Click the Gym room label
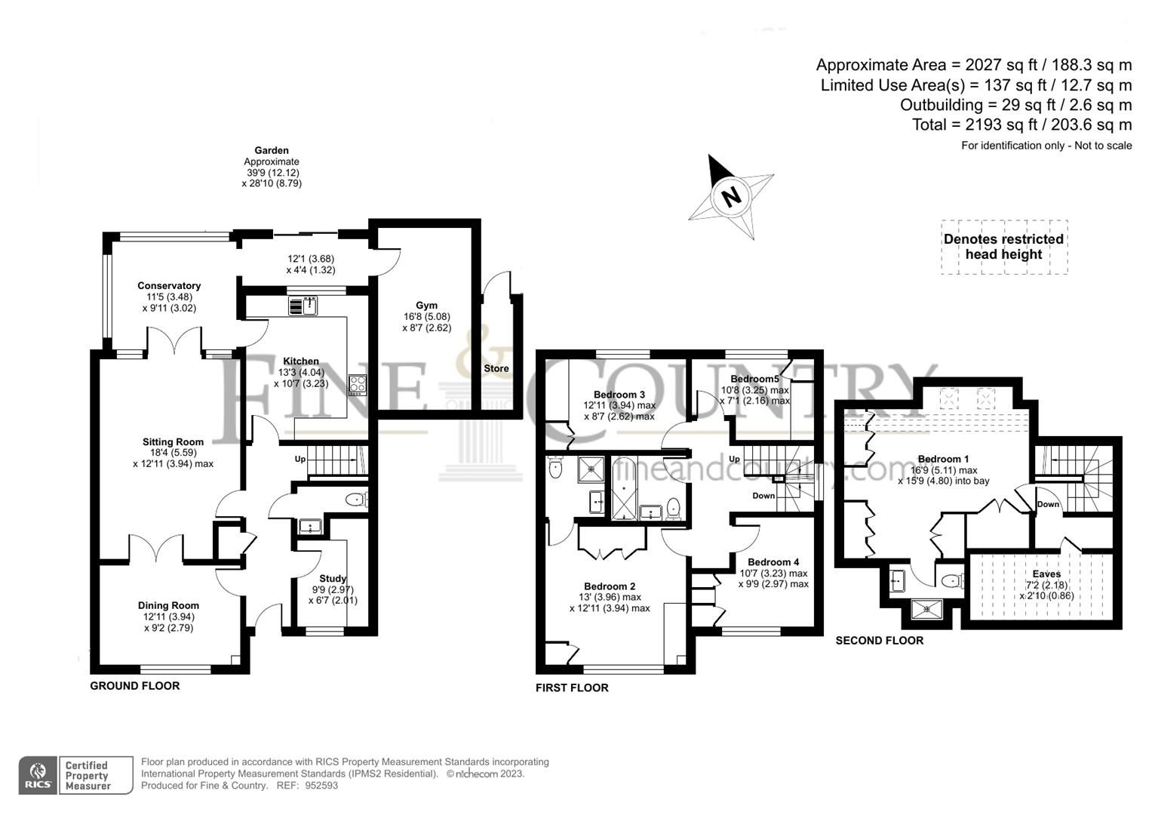pyautogui.click(x=426, y=306)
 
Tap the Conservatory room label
pyautogui.click(x=169, y=286)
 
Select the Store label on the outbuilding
pyautogui.click(x=496, y=368)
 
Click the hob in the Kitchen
pyautogui.click(x=357, y=385)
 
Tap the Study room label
pyautogui.click(x=333, y=579)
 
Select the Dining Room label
pyautogui.click(x=168, y=605)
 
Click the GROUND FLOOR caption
pyautogui.click(x=135, y=686)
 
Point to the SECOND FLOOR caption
pyautogui.click(x=879, y=641)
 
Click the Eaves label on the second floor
pyautogui.click(x=1046, y=574)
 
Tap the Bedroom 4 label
pyautogui.click(x=773, y=562)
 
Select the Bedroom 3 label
pyautogui.click(x=619, y=395)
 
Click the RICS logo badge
pyautogui.click(x=37, y=775)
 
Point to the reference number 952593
pyautogui.click(x=323, y=786)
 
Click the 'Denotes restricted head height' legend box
pyautogui.click(x=1003, y=247)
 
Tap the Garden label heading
pyautogui.click(x=272, y=151)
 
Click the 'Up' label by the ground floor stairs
pyautogui.click(x=300, y=459)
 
